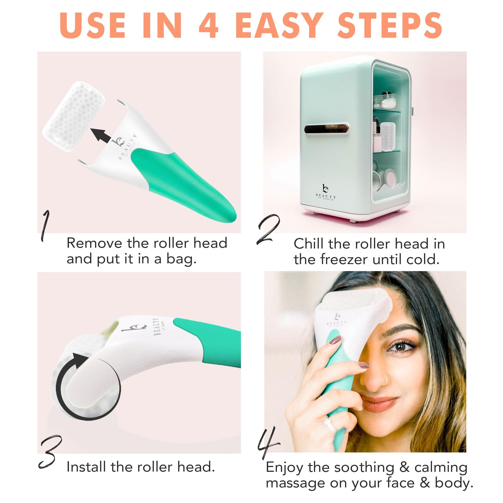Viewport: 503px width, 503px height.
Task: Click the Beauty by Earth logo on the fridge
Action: [325, 192]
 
